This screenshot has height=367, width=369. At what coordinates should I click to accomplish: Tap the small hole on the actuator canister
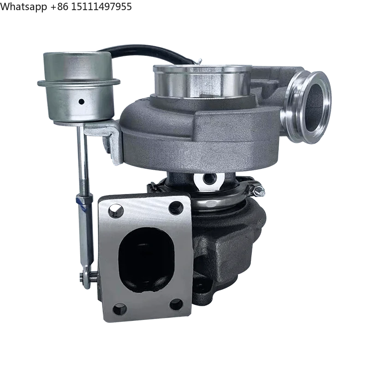(81, 101)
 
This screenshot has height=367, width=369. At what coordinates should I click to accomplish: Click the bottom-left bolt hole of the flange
(119, 308)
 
